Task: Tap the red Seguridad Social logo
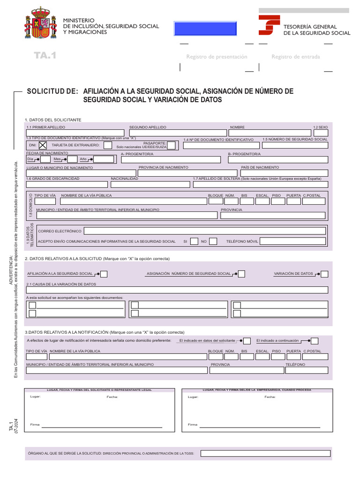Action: [270, 25]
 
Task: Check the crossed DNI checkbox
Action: [43, 145]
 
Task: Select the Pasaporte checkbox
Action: [171, 145]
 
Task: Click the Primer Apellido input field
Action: [75, 133]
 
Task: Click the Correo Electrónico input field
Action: [205, 231]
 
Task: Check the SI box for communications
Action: [194, 241]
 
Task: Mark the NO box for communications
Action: [213, 241]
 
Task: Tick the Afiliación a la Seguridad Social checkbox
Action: [104, 274]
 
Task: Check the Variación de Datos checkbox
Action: [324, 274]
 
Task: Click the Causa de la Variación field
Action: [177, 290]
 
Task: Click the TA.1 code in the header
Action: [45, 56]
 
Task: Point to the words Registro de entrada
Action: [296, 57]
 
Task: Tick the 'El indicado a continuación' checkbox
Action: [315, 341]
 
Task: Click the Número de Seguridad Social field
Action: [295, 146]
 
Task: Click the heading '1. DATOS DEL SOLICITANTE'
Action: [53, 120]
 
